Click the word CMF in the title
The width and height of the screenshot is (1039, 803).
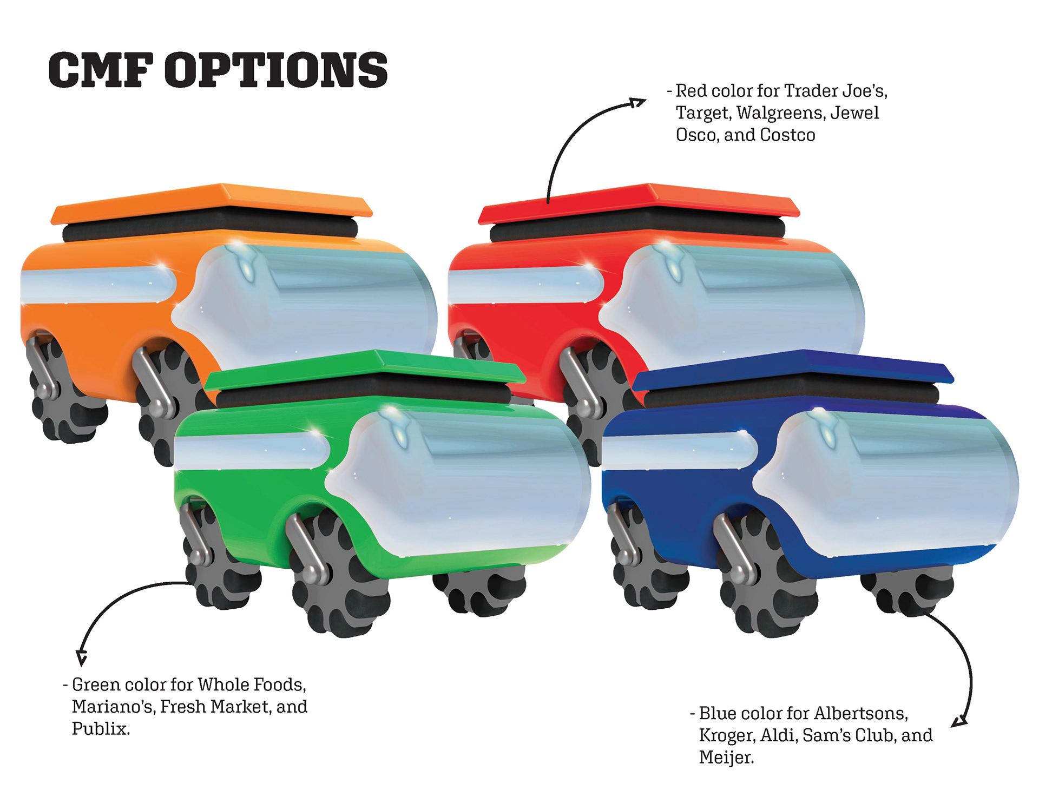pos(100,70)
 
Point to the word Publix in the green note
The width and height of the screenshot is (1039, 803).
pos(101,729)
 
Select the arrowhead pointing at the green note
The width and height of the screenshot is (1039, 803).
pos(82,657)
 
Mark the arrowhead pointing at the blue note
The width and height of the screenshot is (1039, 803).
pos(960,721)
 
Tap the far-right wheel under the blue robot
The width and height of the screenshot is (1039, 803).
pos(909,593)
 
